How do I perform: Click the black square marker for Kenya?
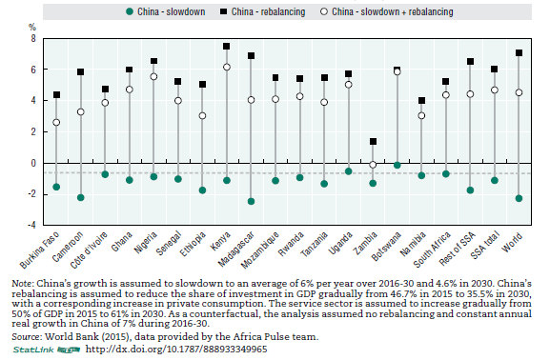click(x=227, y=47)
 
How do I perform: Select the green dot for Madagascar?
click(x=251, y=201)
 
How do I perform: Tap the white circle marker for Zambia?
click(x=373, y=165)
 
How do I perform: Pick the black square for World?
click(x=519, y=53)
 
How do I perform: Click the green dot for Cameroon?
click(x=81, y=197)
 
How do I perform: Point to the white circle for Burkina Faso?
click(x=56, y=122)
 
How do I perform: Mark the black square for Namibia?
click(x=421, y=101)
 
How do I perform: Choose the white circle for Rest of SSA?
click(x=470, y=94)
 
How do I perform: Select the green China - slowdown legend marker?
click(x=130, y=12)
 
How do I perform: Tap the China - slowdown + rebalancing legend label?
click(x=393, y=12)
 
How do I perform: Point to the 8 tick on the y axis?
click(x=33, y=38)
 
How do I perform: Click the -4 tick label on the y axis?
click(x=31, y=225)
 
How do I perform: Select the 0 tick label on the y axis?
click(x=33, y=163)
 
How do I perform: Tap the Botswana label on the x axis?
click(x=386, y=247)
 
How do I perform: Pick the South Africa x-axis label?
click(x=432, y=250)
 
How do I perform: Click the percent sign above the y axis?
click(x=32, y=27)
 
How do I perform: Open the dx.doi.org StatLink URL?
click(x=176, y=350)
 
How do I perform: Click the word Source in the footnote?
click(x=27, y=337)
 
